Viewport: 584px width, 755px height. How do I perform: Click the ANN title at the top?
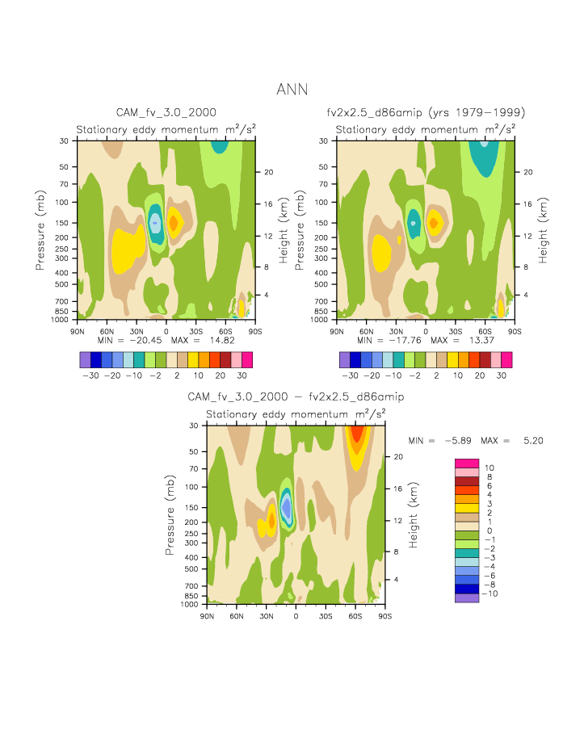point(292,89)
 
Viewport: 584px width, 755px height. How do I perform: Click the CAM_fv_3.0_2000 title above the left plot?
point(166,112)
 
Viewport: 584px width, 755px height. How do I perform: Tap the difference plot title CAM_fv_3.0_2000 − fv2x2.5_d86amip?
point(296,397)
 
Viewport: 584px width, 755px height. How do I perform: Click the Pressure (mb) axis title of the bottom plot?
point(170,515)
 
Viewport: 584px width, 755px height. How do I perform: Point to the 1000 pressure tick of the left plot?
point(62,320)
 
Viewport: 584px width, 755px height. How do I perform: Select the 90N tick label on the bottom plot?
point(207,616)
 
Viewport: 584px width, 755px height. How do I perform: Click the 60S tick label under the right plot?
point(485,331)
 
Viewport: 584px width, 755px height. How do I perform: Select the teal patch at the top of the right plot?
point(483,158)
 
